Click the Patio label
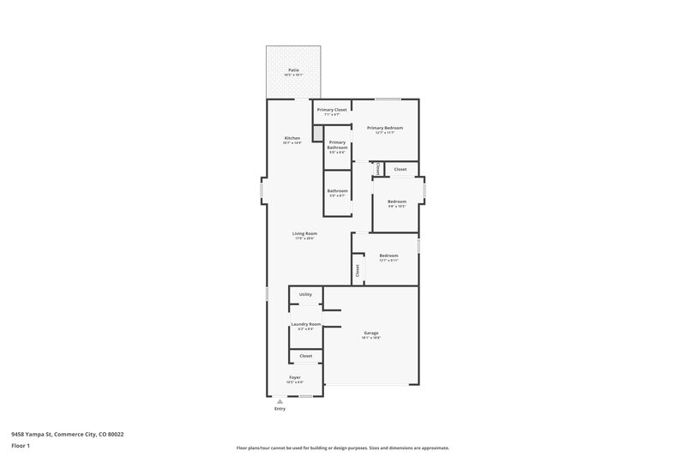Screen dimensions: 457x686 293,70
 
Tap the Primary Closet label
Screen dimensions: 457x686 332,110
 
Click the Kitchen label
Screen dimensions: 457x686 292,138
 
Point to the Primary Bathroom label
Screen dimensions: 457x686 337,145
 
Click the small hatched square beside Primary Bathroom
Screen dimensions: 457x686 318,134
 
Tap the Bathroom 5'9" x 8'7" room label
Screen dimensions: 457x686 337,190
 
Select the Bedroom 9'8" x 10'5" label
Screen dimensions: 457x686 396,201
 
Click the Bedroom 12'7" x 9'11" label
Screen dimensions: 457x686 388,255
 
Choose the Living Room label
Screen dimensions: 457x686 304,233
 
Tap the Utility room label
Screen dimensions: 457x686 305,294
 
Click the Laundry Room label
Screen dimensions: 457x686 305,323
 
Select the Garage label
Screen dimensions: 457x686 370,333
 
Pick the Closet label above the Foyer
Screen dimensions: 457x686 305,356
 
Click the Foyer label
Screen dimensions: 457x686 295,377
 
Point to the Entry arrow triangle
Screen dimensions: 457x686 280,400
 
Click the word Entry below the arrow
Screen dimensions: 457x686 280,409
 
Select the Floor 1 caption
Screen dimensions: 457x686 21,447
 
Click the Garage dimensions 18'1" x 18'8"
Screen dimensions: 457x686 370,339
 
